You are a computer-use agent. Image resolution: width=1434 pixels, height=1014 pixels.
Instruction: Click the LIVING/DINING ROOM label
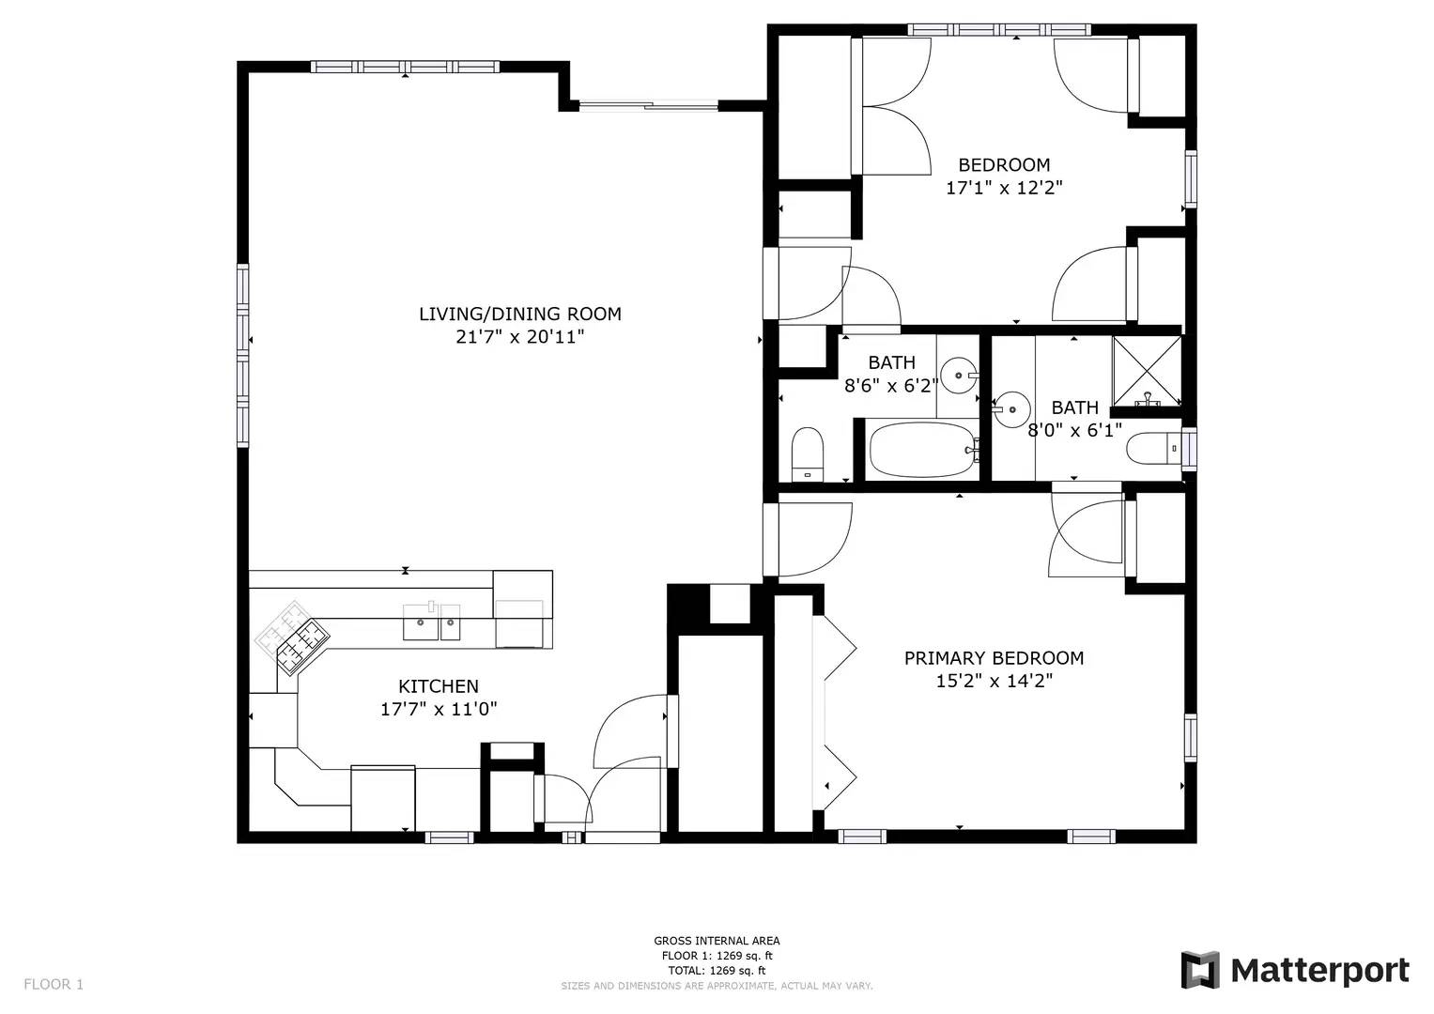[520, 314]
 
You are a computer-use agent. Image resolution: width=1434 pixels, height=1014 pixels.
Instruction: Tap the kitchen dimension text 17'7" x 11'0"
[439, 709]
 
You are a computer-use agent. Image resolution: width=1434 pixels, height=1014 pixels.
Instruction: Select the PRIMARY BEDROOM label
[994, 658]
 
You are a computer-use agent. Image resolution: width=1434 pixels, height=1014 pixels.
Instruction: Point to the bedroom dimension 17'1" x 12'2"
[1004, 188]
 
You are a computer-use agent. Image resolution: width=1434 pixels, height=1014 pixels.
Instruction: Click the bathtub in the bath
[922, 449]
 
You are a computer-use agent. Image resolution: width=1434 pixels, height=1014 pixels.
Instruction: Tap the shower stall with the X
[1147, 372]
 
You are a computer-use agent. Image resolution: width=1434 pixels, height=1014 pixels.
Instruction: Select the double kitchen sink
[431, 622]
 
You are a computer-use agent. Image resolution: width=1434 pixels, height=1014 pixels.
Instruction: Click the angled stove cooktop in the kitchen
[293, 637]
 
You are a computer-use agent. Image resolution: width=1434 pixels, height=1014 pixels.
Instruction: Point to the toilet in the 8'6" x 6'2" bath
[807, 454]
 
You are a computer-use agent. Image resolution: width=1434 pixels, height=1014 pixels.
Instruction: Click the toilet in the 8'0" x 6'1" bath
[1153, 449]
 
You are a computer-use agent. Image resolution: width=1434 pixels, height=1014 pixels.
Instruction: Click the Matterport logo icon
[1199, 970]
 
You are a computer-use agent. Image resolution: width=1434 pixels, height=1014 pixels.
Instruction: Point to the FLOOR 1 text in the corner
[54, 985]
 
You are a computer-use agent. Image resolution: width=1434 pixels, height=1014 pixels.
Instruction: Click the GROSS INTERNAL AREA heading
[717, 941]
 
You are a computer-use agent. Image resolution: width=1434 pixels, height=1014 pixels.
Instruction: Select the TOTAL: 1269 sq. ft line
[717, 971]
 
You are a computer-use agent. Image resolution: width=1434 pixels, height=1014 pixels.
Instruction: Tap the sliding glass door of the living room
[649, 105]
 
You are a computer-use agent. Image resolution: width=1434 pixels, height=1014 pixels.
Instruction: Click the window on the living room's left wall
[242, 355]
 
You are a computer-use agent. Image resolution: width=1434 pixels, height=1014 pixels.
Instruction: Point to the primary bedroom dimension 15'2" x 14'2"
[995, 681]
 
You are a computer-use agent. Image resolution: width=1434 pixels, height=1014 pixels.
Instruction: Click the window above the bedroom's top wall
[999, 29]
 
